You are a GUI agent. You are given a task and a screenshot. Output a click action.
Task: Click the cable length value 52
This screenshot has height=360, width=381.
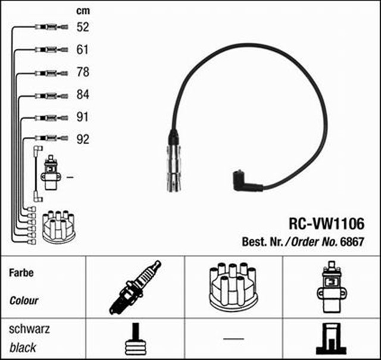(x=83, y=27)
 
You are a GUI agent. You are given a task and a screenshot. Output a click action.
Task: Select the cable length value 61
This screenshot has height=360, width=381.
(x=83, y=49)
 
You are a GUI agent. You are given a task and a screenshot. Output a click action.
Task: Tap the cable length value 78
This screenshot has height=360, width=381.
(x=83, y=72)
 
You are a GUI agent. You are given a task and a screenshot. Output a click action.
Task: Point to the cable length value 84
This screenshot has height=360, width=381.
(x=83, y=95)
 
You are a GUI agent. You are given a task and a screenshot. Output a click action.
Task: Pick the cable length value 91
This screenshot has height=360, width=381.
(x=83, y=117)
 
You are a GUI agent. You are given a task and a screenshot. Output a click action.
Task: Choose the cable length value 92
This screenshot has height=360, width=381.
(x=83, y=140)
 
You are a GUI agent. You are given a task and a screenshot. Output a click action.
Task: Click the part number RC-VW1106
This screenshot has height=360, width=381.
(x=326, y=224)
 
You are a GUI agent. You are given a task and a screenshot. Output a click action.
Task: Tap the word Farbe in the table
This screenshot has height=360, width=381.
(x=21, y=274)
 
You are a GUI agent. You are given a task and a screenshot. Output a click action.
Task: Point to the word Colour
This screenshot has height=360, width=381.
(x=24, y=300)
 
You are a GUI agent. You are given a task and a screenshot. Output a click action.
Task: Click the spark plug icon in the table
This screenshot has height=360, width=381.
(x=135, y=287)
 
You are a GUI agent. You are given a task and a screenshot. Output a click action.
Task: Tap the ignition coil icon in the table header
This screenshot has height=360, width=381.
(x=329, y=287)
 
